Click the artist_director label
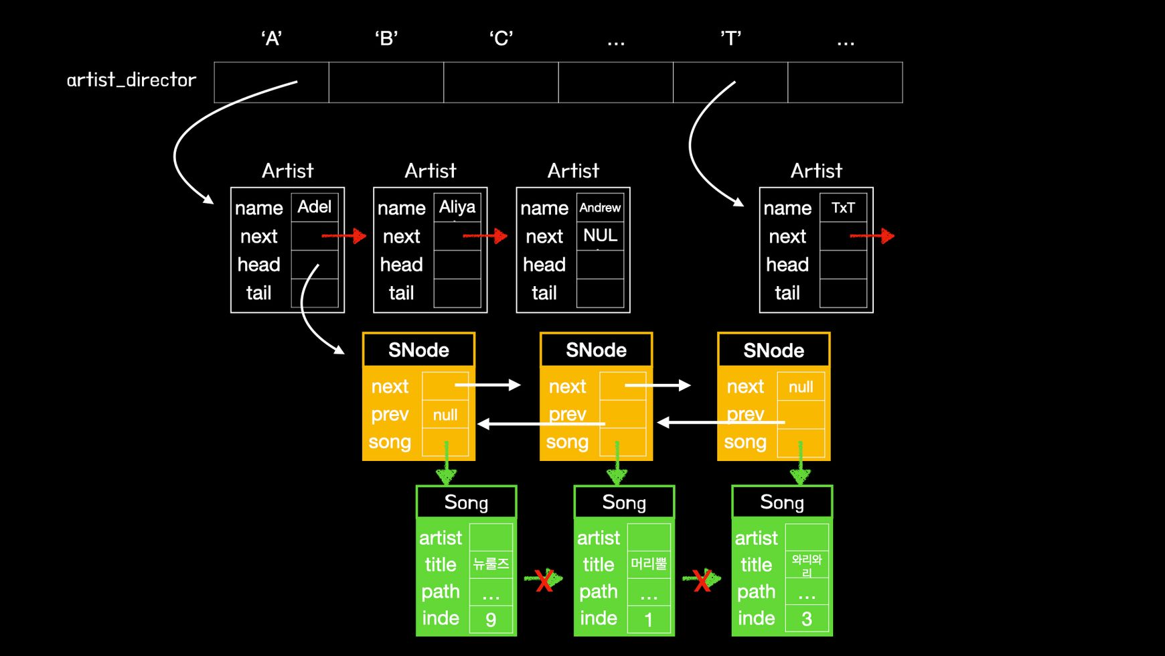131,80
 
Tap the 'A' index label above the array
271,38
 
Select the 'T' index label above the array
730,38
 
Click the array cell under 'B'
386,82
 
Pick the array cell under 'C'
501,82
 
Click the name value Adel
314,207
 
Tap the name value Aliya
457,207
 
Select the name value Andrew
600,208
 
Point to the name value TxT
843,208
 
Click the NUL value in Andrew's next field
600,235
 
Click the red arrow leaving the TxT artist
872,236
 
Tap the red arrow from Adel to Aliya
344,236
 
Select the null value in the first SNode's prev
445,415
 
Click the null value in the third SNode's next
801,387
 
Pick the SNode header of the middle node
596,350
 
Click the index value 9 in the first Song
491,619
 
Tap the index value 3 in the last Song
807,619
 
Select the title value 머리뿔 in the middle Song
649,564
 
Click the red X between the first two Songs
544,580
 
